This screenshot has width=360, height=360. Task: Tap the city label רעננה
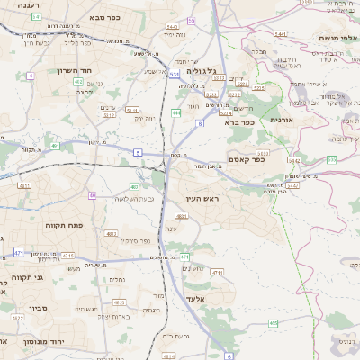[x=16, y=6]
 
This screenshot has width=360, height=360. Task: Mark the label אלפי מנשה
[x=338, y=38]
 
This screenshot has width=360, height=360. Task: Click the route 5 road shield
[x=138, y=153]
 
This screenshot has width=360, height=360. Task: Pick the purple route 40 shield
[x=93, y=194]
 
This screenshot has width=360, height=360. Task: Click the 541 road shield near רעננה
[x=36, y=17]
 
